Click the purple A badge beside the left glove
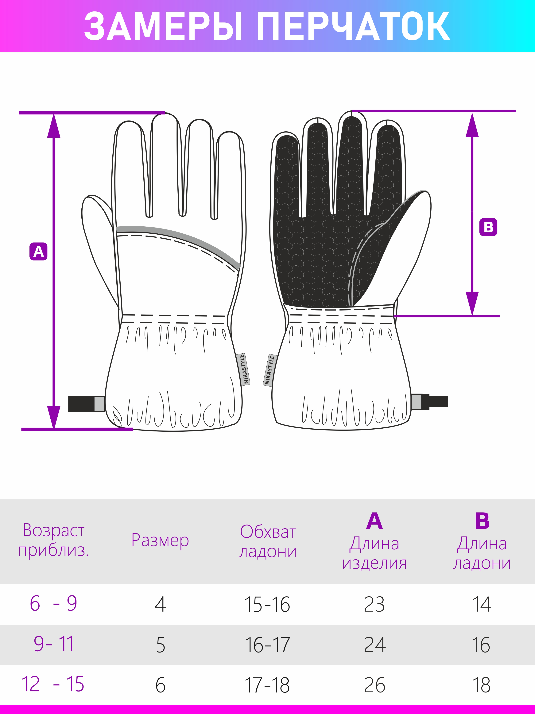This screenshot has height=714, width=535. [x=38, y=252]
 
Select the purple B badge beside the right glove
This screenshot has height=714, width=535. [x=488, y=227]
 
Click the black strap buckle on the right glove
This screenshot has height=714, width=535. [x=430, y=402]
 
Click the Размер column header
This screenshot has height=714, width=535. [x=160, y=540]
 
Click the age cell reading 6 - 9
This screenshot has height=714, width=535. [x=53, y=603]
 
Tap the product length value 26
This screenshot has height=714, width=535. [x=374, y=685]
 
